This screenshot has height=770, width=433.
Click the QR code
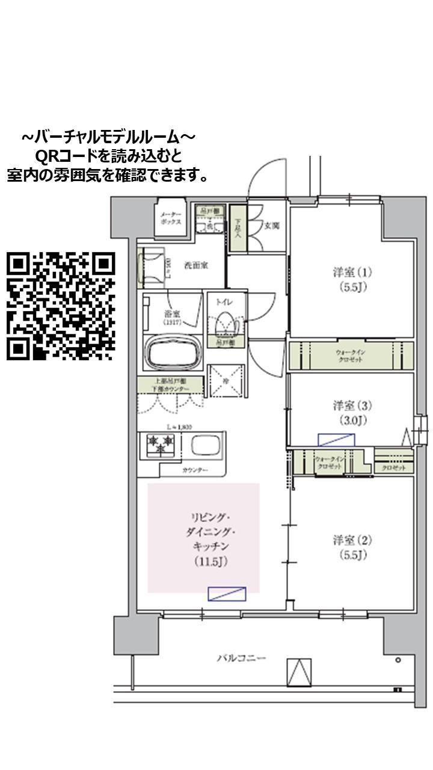[x=60, y=306]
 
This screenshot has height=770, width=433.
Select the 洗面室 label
[x=196, y=265]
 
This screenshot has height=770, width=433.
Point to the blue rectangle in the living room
[x=227, y=593]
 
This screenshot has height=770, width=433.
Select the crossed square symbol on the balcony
[x=299, y=672]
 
